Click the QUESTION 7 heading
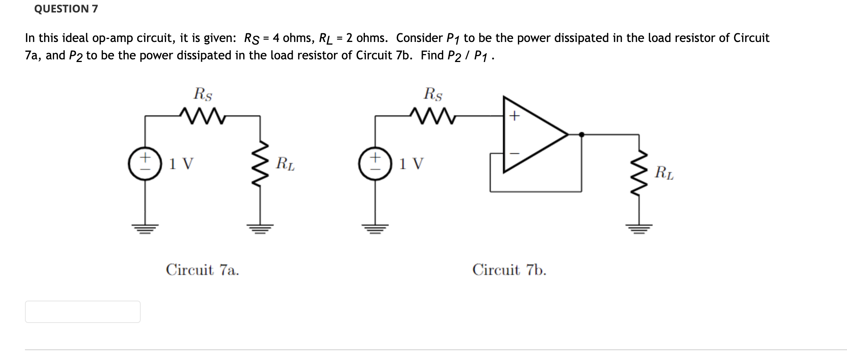tap(66, 9)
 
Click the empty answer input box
tap(82, 312)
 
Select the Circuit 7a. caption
tap(202, 270)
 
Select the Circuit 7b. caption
tap(509, 270)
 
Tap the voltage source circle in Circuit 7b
tap(375, 163)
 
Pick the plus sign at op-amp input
tap(514, 116)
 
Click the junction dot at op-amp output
tap(582, 134)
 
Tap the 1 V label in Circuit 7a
tap(181, 164)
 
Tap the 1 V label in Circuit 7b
tap(411, 164)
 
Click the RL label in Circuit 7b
tap(664, 173)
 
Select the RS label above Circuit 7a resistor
tap(203, 94)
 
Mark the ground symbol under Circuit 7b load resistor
tap(639, 228)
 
